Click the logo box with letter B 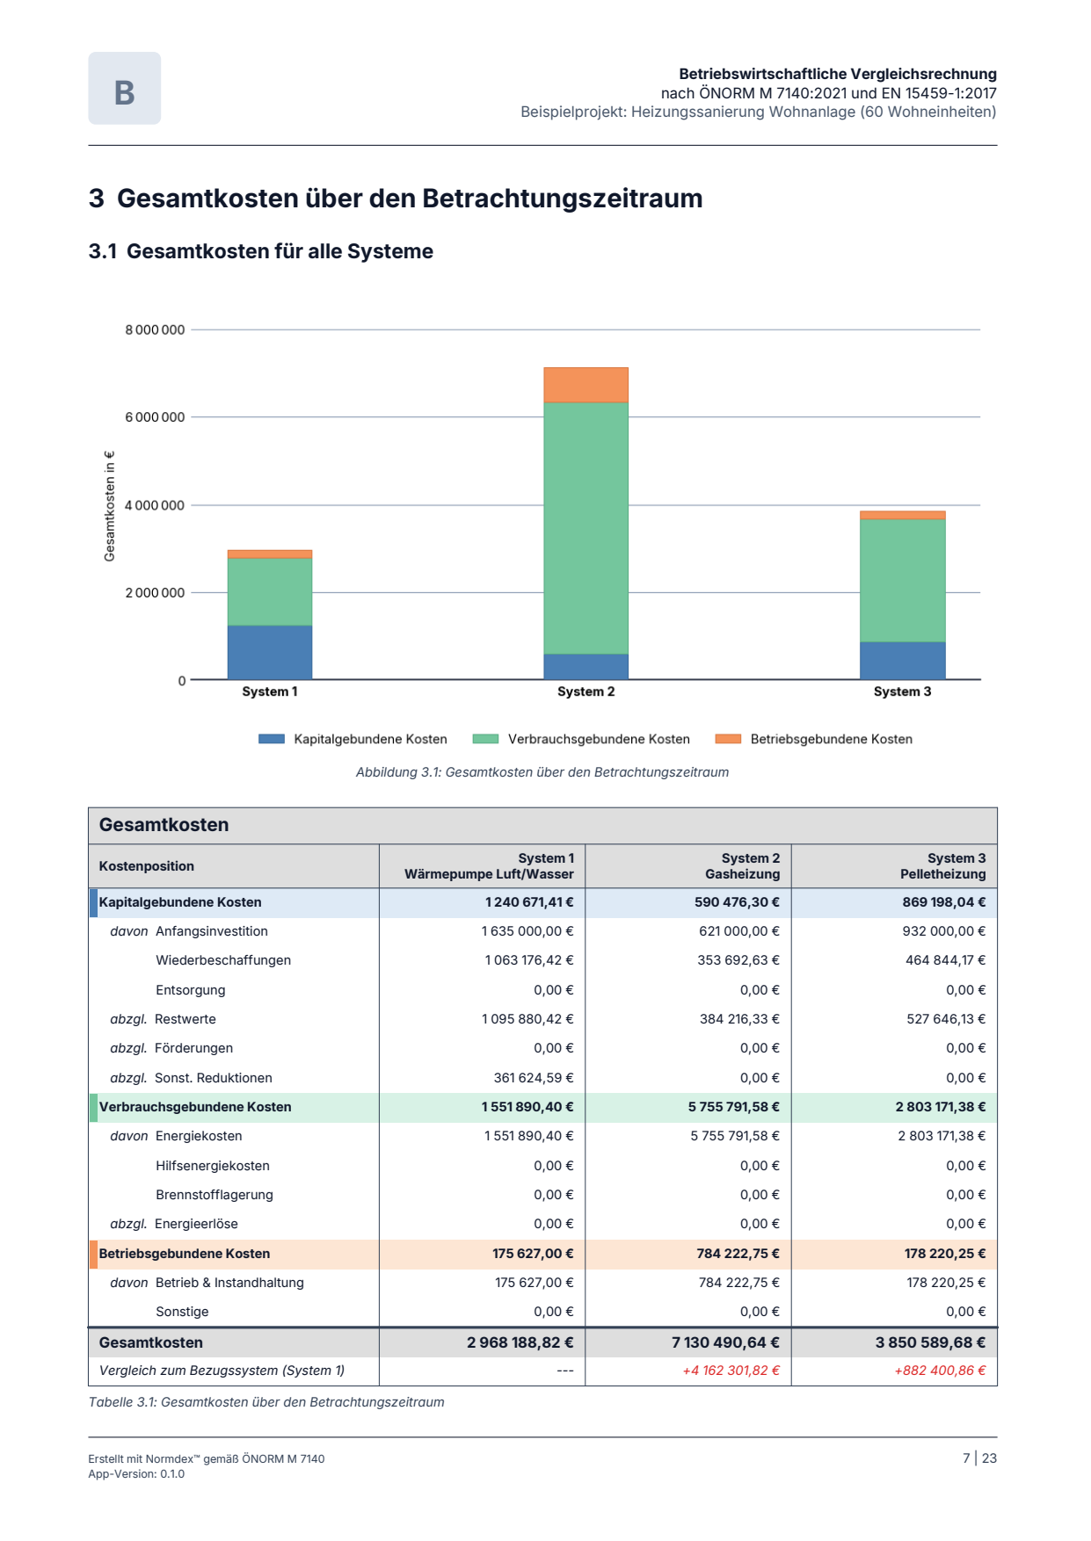tap(124, 88)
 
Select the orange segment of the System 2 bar tap(586, 385)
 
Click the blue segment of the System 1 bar tap(270, 652)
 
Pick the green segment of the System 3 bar tap(902, 581)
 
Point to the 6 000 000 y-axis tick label tap(155, 417)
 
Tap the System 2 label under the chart tap(586, 691)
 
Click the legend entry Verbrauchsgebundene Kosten tap(581, 739)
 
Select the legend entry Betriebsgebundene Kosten tap(814, 739)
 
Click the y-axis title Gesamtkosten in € tap(110, 506)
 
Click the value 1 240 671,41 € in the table tap(529, 902)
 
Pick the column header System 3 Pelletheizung tap(942, 866)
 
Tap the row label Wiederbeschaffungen tap(223, 960)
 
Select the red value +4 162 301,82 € tap(731, 1371)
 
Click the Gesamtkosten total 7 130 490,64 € tap(725, 1342)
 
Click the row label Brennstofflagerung tap(215, 1195)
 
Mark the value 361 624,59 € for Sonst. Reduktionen tap(534, 1078)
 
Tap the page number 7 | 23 tap(979, 1458)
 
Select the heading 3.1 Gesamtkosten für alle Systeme tap(261, 251)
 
